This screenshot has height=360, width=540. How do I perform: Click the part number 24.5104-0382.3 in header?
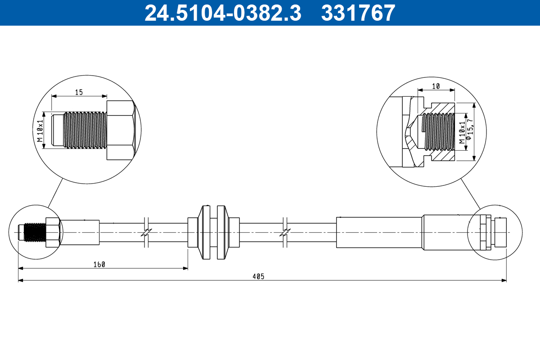[x=222, y=13]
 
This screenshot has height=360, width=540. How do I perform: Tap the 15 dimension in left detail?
[x=79, y=92]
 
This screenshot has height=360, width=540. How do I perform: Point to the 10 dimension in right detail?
[x=436, y=86]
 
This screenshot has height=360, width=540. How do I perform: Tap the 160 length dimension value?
[x=99, y=265]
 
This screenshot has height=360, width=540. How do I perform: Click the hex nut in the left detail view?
[x=121, y=130]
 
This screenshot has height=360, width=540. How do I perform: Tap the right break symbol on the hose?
[x=284, y=233]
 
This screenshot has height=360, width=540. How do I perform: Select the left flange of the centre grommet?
[x=205, y=232]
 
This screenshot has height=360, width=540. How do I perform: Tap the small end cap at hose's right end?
[x=500, y=232]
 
